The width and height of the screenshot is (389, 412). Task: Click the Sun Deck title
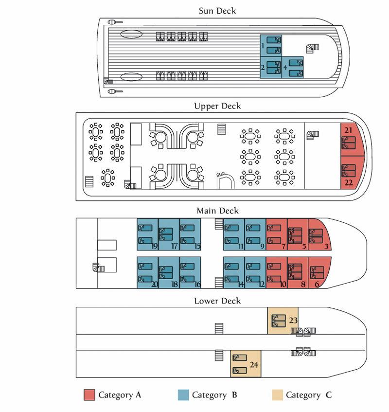coord(217,11)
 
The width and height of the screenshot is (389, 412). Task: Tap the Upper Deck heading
coord(217,106)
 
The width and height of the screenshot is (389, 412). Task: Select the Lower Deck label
coord(217,301)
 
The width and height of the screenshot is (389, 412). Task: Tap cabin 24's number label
coord(254,365)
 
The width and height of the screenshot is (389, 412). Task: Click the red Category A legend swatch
coord(89,394)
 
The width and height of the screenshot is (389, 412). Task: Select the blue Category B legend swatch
coord(183,394)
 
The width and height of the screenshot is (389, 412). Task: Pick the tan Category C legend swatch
coord(277,394)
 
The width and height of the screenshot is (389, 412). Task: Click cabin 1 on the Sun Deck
coord(271,46)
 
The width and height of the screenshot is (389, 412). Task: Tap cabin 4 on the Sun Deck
coord(293,67)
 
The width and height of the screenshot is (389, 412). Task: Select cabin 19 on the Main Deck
coord(148,234)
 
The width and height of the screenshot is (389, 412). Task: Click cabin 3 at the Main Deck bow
coord(318,234)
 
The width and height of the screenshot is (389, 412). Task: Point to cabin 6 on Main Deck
coord(318,272)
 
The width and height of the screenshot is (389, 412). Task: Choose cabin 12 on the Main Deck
coord(255,272)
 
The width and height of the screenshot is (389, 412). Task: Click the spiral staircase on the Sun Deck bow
coord(313,48)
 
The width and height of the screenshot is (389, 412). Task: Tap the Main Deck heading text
coord(217,211)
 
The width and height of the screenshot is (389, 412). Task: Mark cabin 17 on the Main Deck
coord(169,234)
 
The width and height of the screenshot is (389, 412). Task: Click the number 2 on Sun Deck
coord(263,68)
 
